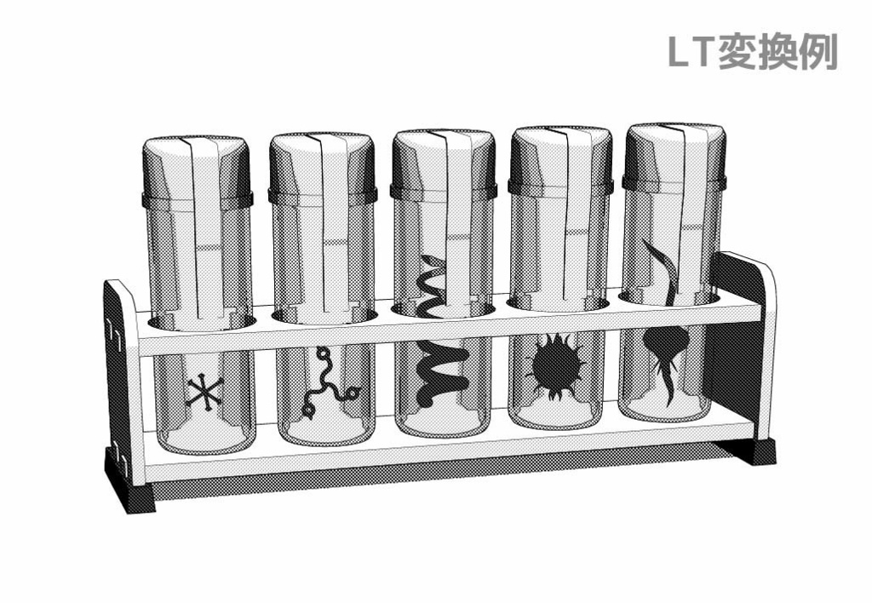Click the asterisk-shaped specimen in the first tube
(205, 392)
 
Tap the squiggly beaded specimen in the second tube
(328, 384)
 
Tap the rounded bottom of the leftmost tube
(205, 439)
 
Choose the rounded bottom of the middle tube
(442, 422)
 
